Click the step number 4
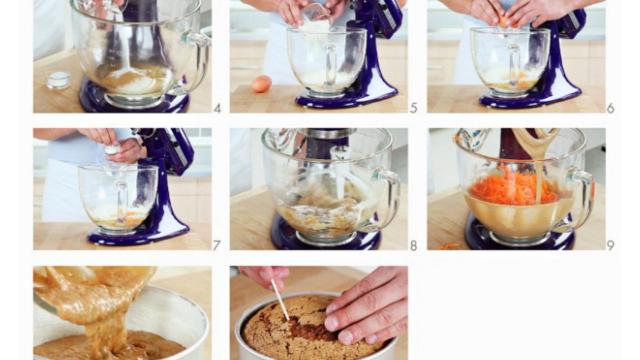pos(217,109)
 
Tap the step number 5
pos(413,109)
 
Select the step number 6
pos(611,109)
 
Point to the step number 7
pos(217,246)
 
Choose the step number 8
pos(413,246)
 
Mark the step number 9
pos(611,246)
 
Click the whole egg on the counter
pos(262,84)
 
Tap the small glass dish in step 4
pos(58,80)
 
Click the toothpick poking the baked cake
pos(280,300)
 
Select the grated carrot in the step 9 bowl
pos(514,189)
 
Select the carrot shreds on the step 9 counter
pos(448,246)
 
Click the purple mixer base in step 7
pos(139,236)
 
